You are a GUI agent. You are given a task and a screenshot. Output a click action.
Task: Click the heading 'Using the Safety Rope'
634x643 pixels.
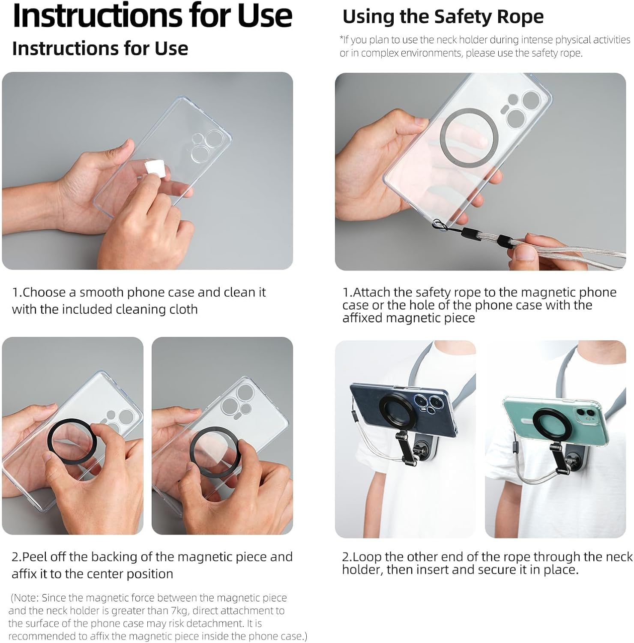coord(443,17)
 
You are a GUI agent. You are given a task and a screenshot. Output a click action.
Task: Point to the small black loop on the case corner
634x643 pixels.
coord(439,224)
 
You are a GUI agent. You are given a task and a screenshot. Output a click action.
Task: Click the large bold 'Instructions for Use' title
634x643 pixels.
coord(153,16)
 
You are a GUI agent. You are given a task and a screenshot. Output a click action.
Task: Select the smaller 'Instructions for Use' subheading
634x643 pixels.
coord(100,48)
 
